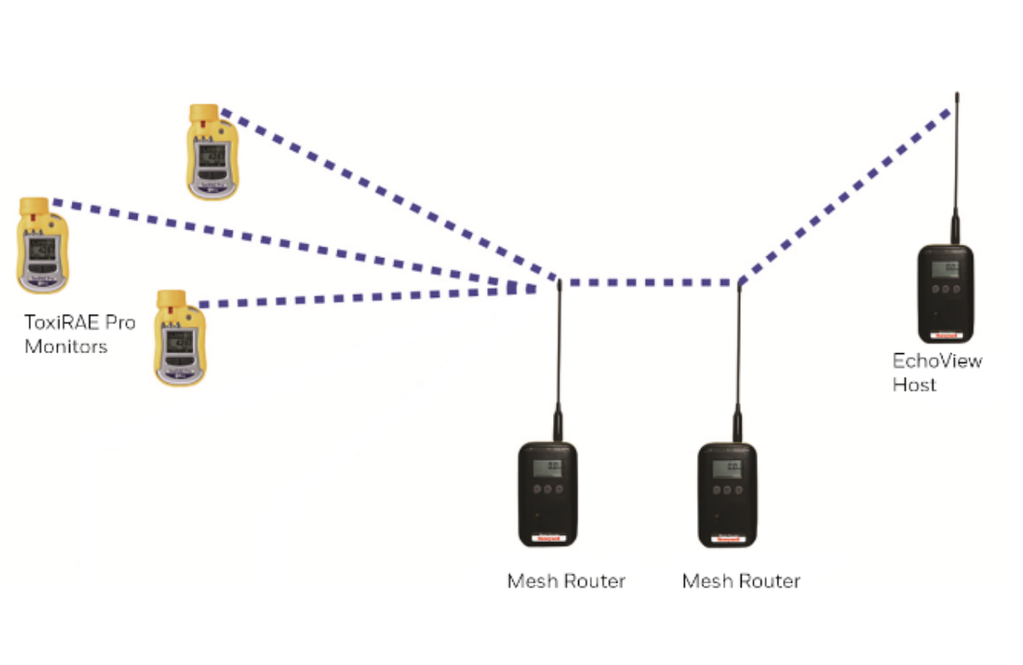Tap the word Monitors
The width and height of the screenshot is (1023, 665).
coord(65,347)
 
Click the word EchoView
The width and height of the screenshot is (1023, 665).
coord(937,361)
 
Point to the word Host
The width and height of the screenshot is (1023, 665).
coord(914,384)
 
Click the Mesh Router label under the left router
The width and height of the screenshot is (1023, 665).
coord(566,581)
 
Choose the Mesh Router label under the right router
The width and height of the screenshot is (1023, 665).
coord(741,581)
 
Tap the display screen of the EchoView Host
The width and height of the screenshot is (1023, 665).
coord(944,269)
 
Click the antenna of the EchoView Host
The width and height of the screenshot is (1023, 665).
coord(956,163)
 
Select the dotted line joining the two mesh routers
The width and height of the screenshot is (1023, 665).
coord(651,282)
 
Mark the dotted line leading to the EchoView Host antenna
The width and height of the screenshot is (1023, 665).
coord(846,195)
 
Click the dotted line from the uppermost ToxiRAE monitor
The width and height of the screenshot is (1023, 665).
coord(382,191)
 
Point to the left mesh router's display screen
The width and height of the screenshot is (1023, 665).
coord(547,467)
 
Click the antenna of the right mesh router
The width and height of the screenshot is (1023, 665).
coord(738,358)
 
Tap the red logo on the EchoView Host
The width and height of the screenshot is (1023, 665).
coord(943,334)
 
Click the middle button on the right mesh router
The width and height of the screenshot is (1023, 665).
coord(726,490)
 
